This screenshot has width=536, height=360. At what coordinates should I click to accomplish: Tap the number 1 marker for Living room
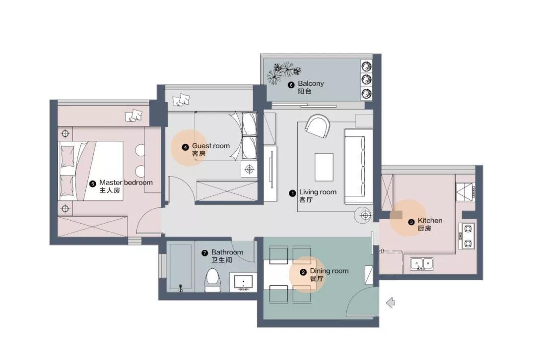point(293,192)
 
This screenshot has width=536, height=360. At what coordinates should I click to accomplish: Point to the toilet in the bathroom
point(212,280)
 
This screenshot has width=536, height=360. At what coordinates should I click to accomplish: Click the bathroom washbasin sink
point(243,283)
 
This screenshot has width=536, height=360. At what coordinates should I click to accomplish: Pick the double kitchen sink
point(421,263)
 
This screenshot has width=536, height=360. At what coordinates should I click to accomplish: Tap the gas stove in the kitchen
point(467,236)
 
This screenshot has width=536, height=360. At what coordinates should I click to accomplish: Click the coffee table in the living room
point(324,167)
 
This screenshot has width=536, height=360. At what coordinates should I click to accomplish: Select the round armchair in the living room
point(317,126)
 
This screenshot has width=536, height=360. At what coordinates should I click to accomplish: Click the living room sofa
point(358,166)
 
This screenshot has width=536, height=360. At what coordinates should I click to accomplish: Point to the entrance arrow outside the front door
point(391,302)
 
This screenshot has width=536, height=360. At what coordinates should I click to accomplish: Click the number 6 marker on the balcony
point(291,85)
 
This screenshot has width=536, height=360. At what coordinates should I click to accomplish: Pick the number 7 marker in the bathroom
point(204,253)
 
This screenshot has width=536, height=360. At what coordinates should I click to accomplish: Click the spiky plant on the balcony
point(279,73)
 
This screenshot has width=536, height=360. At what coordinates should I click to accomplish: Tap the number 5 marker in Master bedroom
point(92,183)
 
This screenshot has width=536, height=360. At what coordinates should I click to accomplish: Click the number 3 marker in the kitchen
point(411,222)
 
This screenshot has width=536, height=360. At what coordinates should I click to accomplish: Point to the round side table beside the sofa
point(366,215)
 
